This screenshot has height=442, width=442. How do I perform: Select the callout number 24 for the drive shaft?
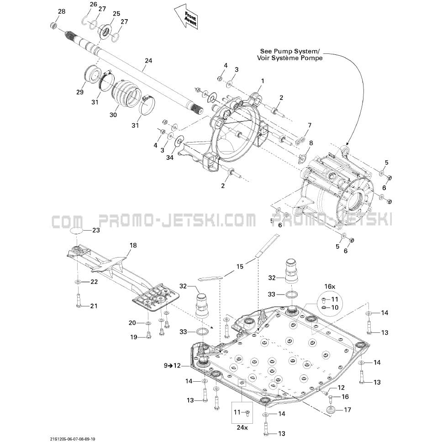coord(148,61)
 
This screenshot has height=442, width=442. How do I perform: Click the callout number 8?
coord(311,143)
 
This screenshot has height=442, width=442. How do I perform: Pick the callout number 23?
coord(96,231)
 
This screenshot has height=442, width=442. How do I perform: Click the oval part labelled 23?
coord(77,231)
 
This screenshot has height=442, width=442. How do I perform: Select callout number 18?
coord(133,246)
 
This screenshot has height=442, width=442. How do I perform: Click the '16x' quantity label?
coord(330,286)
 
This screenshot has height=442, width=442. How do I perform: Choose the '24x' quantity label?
coord(242,428)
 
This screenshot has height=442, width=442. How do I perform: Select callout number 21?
coord(94,306)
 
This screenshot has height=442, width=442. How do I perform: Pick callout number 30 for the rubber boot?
coord(113,115)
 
